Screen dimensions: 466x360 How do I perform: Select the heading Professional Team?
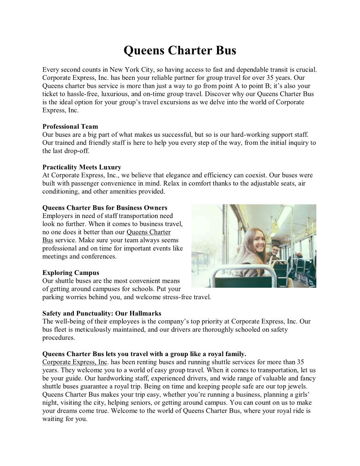coord(70,127)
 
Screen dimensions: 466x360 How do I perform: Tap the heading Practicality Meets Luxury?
coord(82,167)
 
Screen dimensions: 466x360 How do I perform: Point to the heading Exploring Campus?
coord(71,273)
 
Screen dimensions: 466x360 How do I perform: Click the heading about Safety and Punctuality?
coord(101,313)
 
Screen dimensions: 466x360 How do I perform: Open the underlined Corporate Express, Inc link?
coord(75,362)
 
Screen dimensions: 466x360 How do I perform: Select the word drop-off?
coord(78,151)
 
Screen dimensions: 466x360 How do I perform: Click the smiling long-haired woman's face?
coord(255,241)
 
